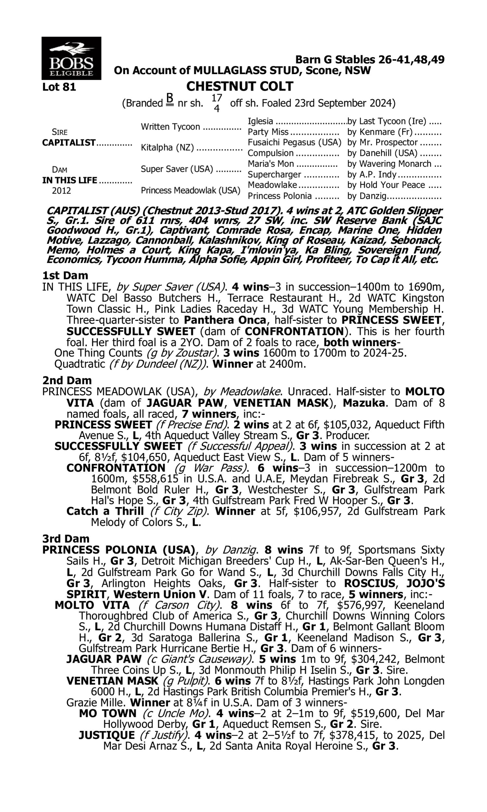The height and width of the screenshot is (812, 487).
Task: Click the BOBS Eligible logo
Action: click(x=71, y=58)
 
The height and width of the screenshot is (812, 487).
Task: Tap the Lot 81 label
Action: click(x=59, y=87)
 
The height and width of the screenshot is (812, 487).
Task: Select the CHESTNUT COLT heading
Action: click(x=240, y=86)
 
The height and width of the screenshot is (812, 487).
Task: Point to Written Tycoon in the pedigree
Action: click(x=170, y=127)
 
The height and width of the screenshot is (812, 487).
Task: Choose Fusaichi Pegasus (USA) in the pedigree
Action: click(x=294, y=143)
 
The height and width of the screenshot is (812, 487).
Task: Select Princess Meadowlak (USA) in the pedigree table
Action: click(x=190, y=191)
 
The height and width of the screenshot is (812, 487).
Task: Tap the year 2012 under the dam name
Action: click(x=61, y=191)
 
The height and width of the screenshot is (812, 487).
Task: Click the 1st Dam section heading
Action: click(x=65, y=275)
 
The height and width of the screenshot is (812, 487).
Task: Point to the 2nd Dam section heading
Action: click(x=67, y=380)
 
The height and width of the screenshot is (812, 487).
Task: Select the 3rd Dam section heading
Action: click(x=66, y=539)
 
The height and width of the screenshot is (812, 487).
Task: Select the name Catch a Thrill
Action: click(x=105, y=511)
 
